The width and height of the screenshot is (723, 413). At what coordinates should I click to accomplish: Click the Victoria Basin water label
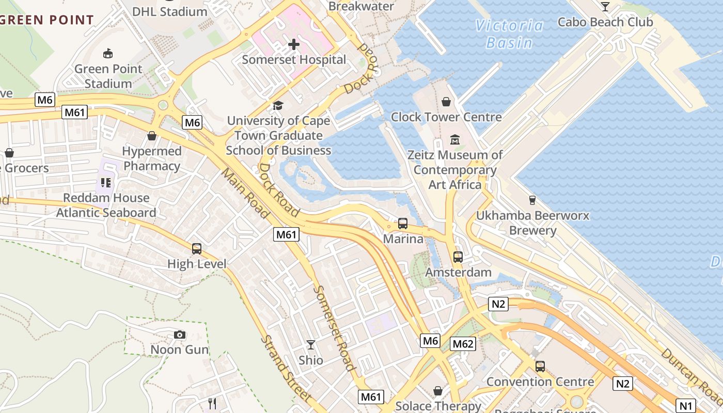point(509,34)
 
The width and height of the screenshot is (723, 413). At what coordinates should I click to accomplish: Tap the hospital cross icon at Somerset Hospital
point(294,44)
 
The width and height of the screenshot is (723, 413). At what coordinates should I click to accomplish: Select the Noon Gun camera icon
point(180,335)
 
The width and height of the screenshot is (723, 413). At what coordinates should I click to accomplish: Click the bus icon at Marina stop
point(403,224)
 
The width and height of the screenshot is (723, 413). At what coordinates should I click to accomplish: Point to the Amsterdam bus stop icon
point(458,257)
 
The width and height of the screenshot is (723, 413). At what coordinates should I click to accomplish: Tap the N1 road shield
point(685,405)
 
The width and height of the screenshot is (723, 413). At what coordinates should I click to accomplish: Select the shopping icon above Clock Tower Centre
point(446,102)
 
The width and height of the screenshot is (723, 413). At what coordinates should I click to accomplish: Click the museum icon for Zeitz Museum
point(455,139)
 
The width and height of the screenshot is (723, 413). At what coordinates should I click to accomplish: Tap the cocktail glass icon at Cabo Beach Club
point(605,7)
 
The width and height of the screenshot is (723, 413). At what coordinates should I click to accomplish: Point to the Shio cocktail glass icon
point(311,344)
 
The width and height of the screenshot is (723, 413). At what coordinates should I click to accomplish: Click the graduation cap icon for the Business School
point(278,106)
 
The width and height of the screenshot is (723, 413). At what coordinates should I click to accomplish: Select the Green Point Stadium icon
point(108,53)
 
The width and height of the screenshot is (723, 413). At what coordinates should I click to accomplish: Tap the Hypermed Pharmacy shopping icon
point(152,136)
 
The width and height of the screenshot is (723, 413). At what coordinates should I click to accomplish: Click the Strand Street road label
point(286,368)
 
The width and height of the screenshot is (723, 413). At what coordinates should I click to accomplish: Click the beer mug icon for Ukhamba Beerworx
point(532,200)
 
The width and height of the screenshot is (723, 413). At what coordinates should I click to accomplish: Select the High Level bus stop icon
point(197,249)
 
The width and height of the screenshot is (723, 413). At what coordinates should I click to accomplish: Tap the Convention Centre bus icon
point(540,367)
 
